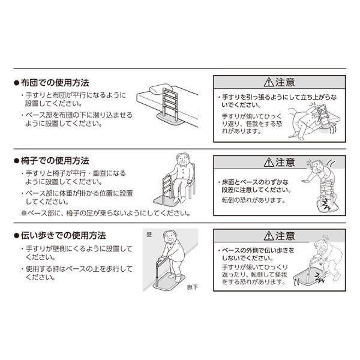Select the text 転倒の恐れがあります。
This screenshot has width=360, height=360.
pyautogui.click(x=251, y=200)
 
